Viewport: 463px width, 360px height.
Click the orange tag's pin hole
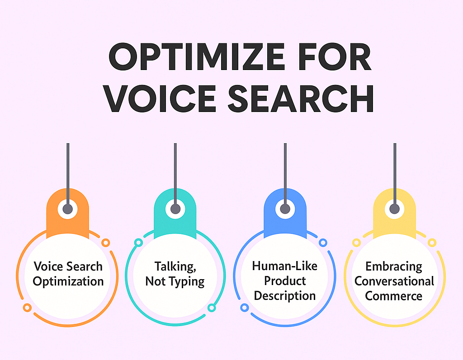pos(67,209)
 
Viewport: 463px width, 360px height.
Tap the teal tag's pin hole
pos(175,209)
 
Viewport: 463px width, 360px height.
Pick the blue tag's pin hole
pos(285,209)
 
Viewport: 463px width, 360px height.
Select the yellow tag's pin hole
pos(394,209)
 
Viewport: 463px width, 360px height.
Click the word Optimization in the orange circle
pos(68,281)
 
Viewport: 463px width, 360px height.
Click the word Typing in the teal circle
pos(187,282)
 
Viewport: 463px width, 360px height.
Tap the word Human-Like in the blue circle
pos(284,266)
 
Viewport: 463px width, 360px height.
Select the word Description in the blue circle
pos(284,296)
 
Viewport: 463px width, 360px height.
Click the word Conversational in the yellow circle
pos(394,281)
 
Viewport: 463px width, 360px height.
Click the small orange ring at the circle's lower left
pos(27,308)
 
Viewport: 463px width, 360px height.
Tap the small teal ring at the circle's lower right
pos(211,308)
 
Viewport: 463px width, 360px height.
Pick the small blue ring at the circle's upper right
pos(323,243)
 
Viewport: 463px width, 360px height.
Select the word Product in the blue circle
pos(284,281)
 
